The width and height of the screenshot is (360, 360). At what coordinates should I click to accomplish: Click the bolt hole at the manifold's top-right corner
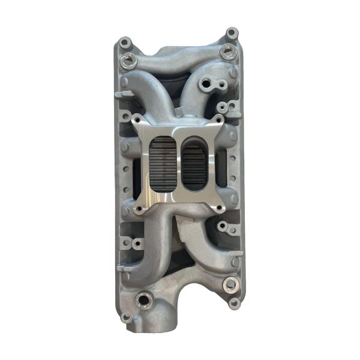point(231,33)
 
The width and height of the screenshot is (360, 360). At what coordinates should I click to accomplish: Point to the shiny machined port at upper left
point(128,59)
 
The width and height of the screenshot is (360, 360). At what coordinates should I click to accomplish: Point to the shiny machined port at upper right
point(227,52)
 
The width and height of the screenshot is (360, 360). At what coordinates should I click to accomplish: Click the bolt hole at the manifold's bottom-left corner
point(125,316)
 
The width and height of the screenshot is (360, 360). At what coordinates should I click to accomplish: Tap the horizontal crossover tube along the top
point(180,57)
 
